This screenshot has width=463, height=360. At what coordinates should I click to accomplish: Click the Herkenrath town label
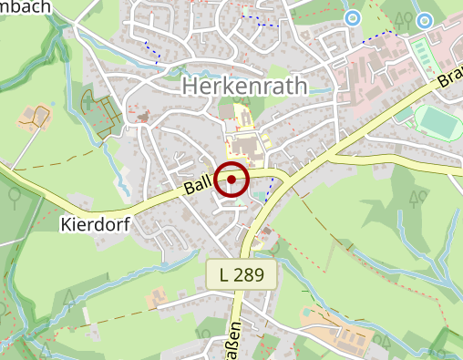pos(245,86)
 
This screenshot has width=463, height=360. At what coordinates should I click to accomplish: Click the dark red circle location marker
pos(231,179)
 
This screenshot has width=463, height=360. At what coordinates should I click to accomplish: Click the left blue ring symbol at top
pos(352,17)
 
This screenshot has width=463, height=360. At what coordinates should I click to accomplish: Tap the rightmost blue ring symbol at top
pos(423,19)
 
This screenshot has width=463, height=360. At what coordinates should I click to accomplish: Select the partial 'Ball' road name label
pos(197,187)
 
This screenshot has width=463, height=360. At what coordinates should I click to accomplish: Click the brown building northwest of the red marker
pos(142,116)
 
